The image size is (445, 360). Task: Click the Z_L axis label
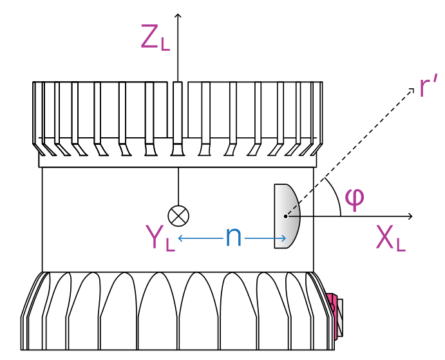(155, 38)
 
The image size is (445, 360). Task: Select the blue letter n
(233, 238)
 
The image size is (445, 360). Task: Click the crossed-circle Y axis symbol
(178, 215)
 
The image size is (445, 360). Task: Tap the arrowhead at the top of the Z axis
(178, 14)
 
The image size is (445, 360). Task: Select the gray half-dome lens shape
(287, 216)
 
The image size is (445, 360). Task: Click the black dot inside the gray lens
(285, 216)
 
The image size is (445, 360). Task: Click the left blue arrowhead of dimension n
(181, 238)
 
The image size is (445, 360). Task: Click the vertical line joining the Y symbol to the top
(178, 187)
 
